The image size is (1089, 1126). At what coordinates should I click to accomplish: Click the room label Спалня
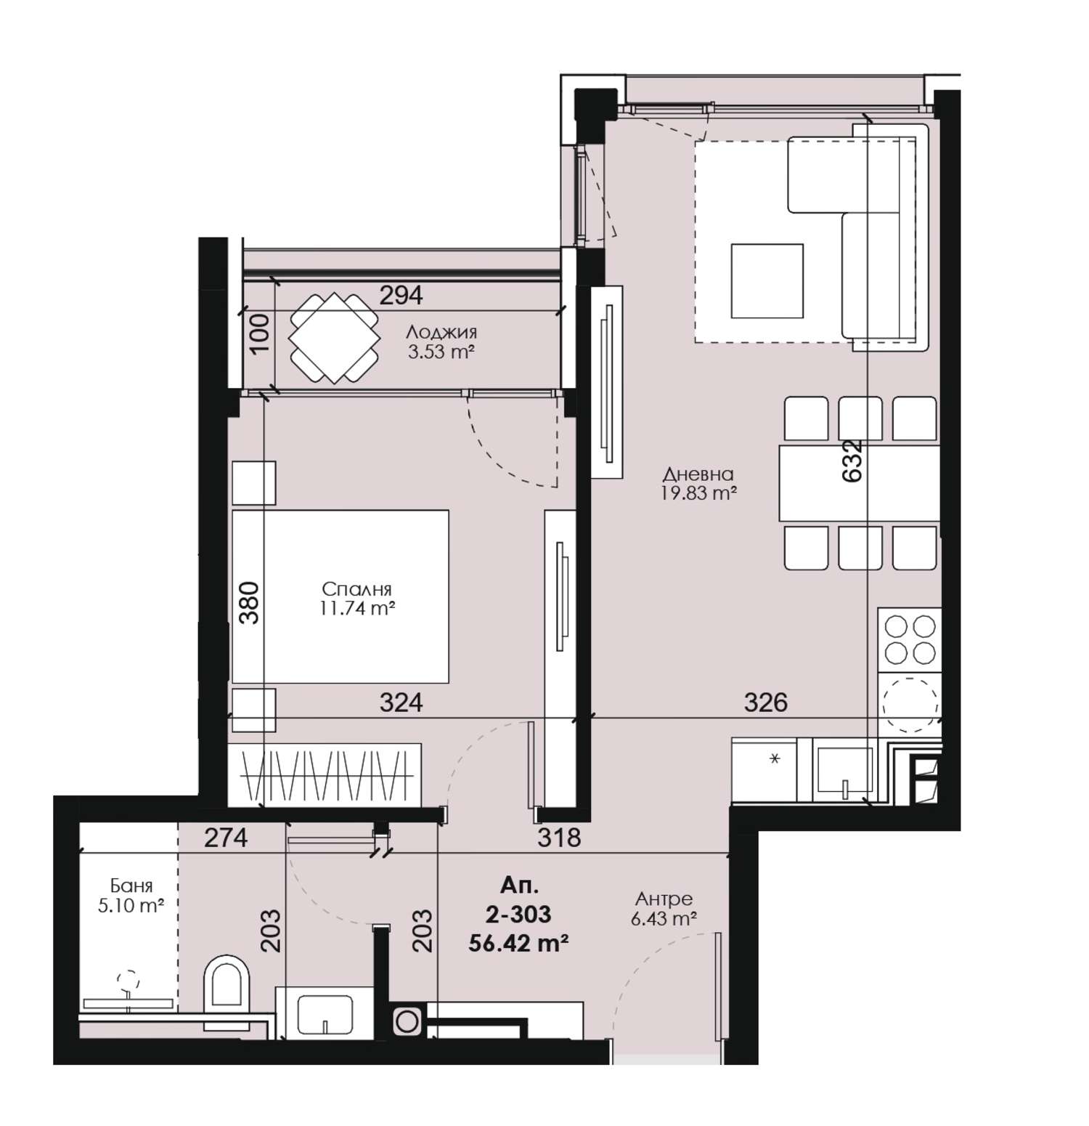pyautogui.click(x=357, y=589)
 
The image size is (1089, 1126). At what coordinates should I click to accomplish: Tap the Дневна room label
pyautogui.click(x=698, y=474)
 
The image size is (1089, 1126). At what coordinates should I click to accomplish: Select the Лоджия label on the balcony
pyautogui.click(x=441, y=333)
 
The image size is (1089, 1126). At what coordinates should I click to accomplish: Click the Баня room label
pyautogui.click(x=131, y=886)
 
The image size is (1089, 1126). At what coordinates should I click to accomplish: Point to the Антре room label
pyautogui.click(x=662, y=899)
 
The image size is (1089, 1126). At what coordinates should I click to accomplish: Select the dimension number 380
pyautogui.click(x=249, y=603)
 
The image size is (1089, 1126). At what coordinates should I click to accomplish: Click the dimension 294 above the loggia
pyautogui.click(x=401, y=295)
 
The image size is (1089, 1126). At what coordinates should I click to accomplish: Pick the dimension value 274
pyautogui.click(x=226, y=838)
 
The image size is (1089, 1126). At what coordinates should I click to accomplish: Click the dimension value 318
pyautogui.click(x=559, y=838)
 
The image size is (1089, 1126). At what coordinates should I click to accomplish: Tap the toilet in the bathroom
pyautogui.click(x=226, y=984)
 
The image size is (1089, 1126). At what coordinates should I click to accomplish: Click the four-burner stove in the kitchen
pyautogui.click(x=910, y=639)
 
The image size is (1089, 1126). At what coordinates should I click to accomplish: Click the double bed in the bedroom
pyautogui.click(x=340, y=596)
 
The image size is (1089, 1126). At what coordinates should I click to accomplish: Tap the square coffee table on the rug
pyautogui.click(x=767, y=280)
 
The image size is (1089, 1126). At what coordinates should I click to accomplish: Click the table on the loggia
pyautogui.click(x=335, y=338)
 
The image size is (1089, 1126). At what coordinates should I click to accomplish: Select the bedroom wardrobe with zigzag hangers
pyautogui.click(x=325, y=774)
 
